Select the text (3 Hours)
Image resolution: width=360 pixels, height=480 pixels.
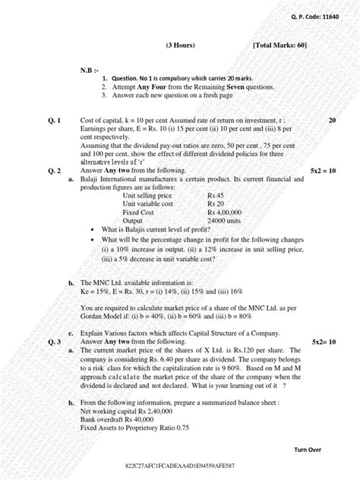point(180,46)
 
